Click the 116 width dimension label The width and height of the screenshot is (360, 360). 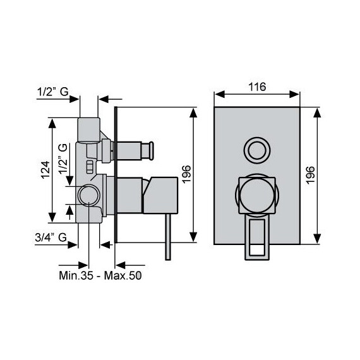(x=257, y=87)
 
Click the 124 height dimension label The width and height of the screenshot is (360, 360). (x=45, y=170)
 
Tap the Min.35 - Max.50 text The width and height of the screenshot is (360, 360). (x=100, y=275)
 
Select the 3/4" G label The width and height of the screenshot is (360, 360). (x=51, y=237)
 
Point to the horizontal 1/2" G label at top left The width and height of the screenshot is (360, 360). (x=53, y=92)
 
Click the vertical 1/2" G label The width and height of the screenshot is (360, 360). (x=63, y=159)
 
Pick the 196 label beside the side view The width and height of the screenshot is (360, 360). (x=186, y=174)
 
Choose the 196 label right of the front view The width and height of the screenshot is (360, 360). (x=310, y=175)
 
